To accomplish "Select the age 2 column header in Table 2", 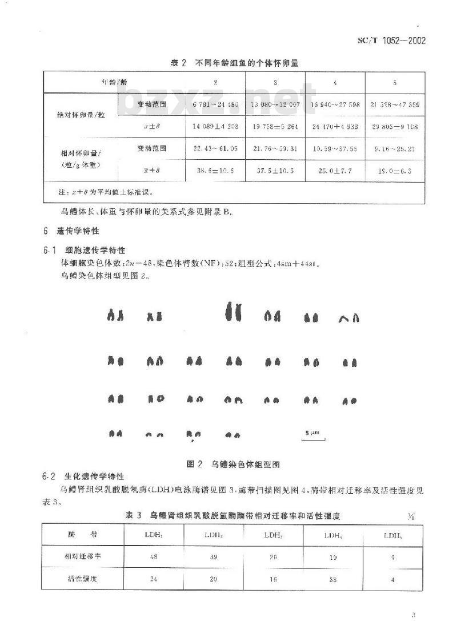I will pyautogui.click(x=215, y=83).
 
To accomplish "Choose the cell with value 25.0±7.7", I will pyautogui.click(x=335, y=170).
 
